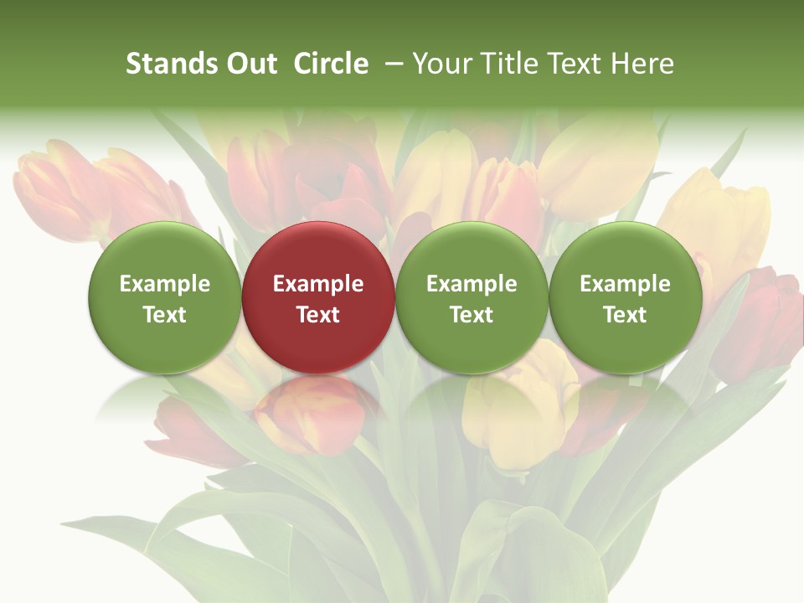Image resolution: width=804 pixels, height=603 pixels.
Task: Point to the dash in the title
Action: pos(391,64)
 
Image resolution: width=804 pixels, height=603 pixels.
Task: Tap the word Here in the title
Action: pos(642,64)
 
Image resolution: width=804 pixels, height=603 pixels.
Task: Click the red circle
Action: pos(318,298)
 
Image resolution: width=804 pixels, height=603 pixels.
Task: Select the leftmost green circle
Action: pos(164,298)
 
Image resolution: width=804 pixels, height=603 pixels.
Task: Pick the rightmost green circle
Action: pos(625,298)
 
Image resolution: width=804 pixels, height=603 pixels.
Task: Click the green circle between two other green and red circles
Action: pos(472,298)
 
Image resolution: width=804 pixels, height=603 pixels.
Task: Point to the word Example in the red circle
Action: pos(318,284)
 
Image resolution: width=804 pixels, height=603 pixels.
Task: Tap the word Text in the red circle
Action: pos(318,315)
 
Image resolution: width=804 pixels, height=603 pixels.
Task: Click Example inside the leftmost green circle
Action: pos(164,284)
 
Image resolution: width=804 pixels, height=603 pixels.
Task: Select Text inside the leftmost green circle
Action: pos(164,315)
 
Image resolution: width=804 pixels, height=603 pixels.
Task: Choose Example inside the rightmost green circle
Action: pos(625,284)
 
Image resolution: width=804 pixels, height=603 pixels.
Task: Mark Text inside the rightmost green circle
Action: pos(625,315)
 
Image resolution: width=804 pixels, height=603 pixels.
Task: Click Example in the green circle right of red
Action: pos(472,284)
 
